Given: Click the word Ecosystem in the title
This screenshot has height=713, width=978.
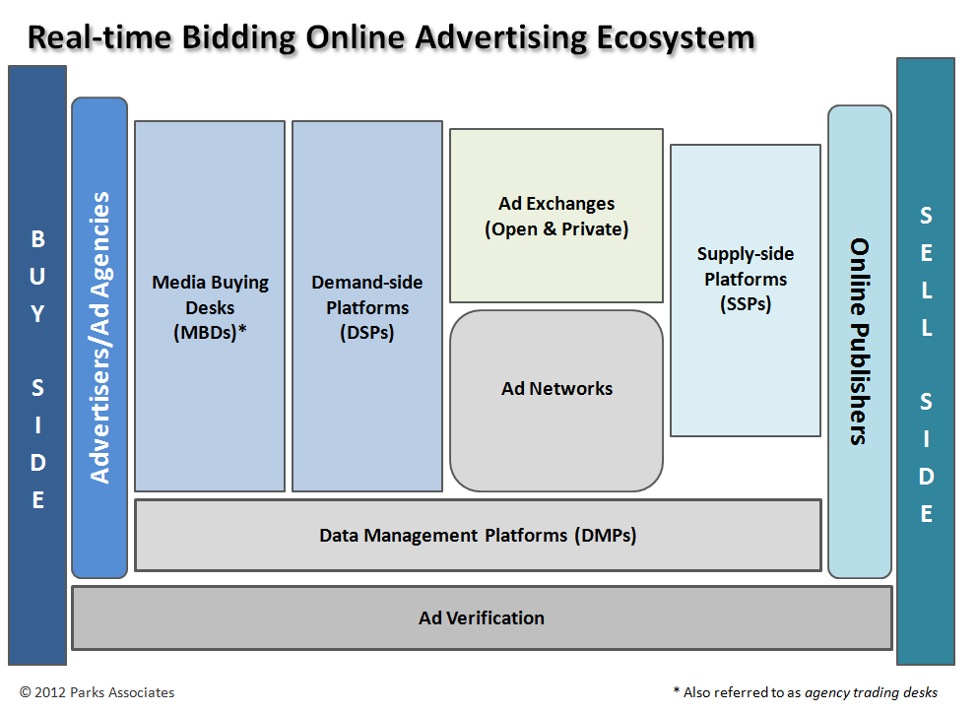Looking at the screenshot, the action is point(676,38).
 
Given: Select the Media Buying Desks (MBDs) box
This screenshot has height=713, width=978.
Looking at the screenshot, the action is point(210,306).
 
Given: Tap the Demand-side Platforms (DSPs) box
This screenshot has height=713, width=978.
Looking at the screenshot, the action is point(367,306).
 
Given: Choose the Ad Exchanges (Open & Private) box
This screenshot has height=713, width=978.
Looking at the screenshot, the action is point(556,216).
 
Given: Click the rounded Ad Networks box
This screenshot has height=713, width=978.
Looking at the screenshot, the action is point(556,401).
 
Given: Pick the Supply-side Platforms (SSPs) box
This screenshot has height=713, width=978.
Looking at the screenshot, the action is point(746,291).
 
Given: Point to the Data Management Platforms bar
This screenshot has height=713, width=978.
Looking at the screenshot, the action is point(478,535).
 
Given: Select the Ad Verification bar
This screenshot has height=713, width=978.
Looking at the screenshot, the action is point(483,618).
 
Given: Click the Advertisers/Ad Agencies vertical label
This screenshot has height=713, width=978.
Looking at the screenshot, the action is point(99,338).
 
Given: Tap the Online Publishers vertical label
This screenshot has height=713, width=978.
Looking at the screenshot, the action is point(860,341).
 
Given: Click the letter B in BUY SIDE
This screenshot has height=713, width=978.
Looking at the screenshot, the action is point(38,239).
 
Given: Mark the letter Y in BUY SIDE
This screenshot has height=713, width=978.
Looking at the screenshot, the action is point(38,314).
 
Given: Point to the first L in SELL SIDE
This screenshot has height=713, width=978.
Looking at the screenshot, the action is point(927,291).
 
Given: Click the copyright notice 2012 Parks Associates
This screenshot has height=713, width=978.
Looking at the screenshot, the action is point(98,692).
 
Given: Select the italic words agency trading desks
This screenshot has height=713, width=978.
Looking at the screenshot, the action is point(871,692).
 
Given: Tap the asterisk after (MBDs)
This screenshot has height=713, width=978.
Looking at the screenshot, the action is point(242,329).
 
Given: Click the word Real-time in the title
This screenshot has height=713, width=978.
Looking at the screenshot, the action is point(99,37).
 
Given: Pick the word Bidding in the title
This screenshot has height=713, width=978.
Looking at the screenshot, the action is point(239,39).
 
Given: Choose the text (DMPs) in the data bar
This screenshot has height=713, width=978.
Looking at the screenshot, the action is point(606,536).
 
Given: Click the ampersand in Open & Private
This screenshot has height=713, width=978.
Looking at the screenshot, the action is point(550,228).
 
